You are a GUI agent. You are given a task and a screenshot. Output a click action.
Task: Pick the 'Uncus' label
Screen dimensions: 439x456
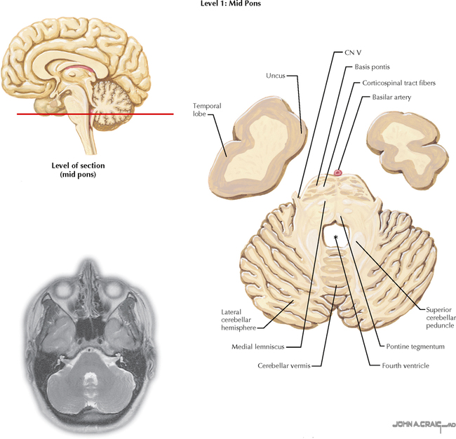point(275,76)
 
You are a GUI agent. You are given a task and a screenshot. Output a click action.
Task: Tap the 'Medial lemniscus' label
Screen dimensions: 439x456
point(264,346)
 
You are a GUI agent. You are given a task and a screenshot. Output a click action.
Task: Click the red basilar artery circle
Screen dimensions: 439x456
point(339,172)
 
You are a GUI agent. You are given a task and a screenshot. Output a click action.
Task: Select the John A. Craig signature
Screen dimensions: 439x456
point(424,424)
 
